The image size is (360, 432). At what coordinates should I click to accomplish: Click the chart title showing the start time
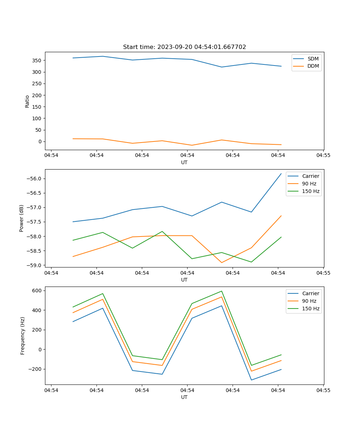184,47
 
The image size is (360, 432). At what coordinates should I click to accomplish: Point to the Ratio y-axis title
27,101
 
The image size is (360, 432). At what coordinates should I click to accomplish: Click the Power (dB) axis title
22,218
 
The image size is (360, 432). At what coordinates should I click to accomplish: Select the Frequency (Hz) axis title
23,336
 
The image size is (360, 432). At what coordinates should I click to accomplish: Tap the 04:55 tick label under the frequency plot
323,390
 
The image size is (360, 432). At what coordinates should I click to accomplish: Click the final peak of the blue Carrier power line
281,174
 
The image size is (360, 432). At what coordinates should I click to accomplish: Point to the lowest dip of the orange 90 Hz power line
221,262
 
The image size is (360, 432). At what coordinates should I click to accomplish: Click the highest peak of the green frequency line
221,291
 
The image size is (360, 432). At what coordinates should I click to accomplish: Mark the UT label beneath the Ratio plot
184,162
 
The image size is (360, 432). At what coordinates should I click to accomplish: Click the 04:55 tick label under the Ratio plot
323,156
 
